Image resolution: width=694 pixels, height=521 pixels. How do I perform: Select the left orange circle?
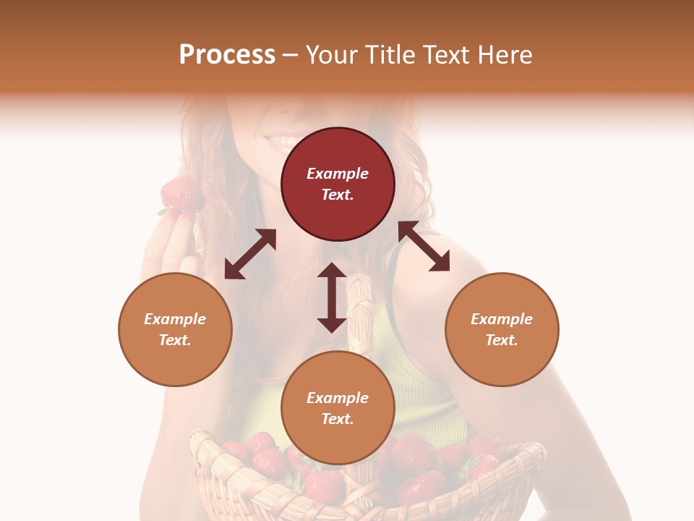(175, 329)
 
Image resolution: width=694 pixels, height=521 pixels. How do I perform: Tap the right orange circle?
(502, 329)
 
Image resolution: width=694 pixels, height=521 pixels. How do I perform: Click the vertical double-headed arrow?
(332, 297)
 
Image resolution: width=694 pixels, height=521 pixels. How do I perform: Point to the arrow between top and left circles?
(250, 254)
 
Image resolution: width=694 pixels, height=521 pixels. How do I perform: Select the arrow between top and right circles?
(424, 246)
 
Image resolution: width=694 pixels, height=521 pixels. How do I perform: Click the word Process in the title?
(227, 55)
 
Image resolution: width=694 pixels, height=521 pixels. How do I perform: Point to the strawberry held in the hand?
(180, 193)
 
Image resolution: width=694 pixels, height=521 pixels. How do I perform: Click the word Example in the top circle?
(338, 174)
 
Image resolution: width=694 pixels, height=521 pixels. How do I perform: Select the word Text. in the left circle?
(175, 340)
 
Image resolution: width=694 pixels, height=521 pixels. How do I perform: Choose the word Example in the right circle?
(502, 319)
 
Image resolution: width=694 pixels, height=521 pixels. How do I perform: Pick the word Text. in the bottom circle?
(338, 419)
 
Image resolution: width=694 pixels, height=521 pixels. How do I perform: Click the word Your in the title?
(331, 55)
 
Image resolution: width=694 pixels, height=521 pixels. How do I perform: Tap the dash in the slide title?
(290, 55)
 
